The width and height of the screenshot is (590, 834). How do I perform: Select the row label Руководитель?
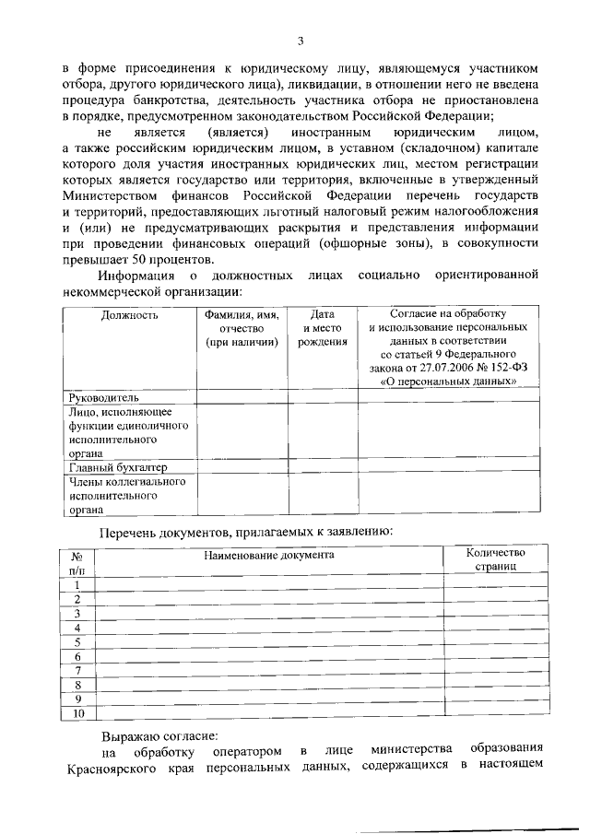(x=104, y=397)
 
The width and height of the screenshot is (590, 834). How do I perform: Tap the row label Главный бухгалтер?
(x=118, y=467)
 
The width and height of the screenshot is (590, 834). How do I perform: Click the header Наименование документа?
(x=268, y=555)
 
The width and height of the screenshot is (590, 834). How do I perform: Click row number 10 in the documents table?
(x=77, y=713)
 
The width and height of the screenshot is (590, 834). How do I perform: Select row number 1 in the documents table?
(x=77, y=585)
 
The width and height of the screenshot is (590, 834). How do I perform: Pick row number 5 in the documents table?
(x=77, y=642)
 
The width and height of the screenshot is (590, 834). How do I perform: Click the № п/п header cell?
(x=77, y=564)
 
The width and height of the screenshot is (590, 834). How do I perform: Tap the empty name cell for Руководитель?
(x=242, y=397)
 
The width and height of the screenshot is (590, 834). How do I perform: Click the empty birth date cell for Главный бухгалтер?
(x=323, y=467)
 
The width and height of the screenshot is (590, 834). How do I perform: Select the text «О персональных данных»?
(x=446, y=380)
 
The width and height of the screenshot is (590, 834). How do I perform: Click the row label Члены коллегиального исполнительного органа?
(x=127, y=494)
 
